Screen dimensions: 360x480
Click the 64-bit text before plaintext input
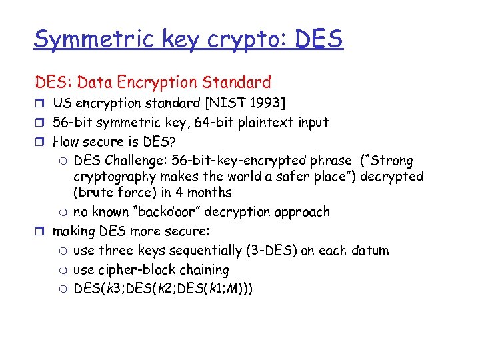(x=199, y=123)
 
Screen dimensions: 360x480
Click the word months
(x=209, y=193)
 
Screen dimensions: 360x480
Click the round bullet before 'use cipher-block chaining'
(x=62, y=270)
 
